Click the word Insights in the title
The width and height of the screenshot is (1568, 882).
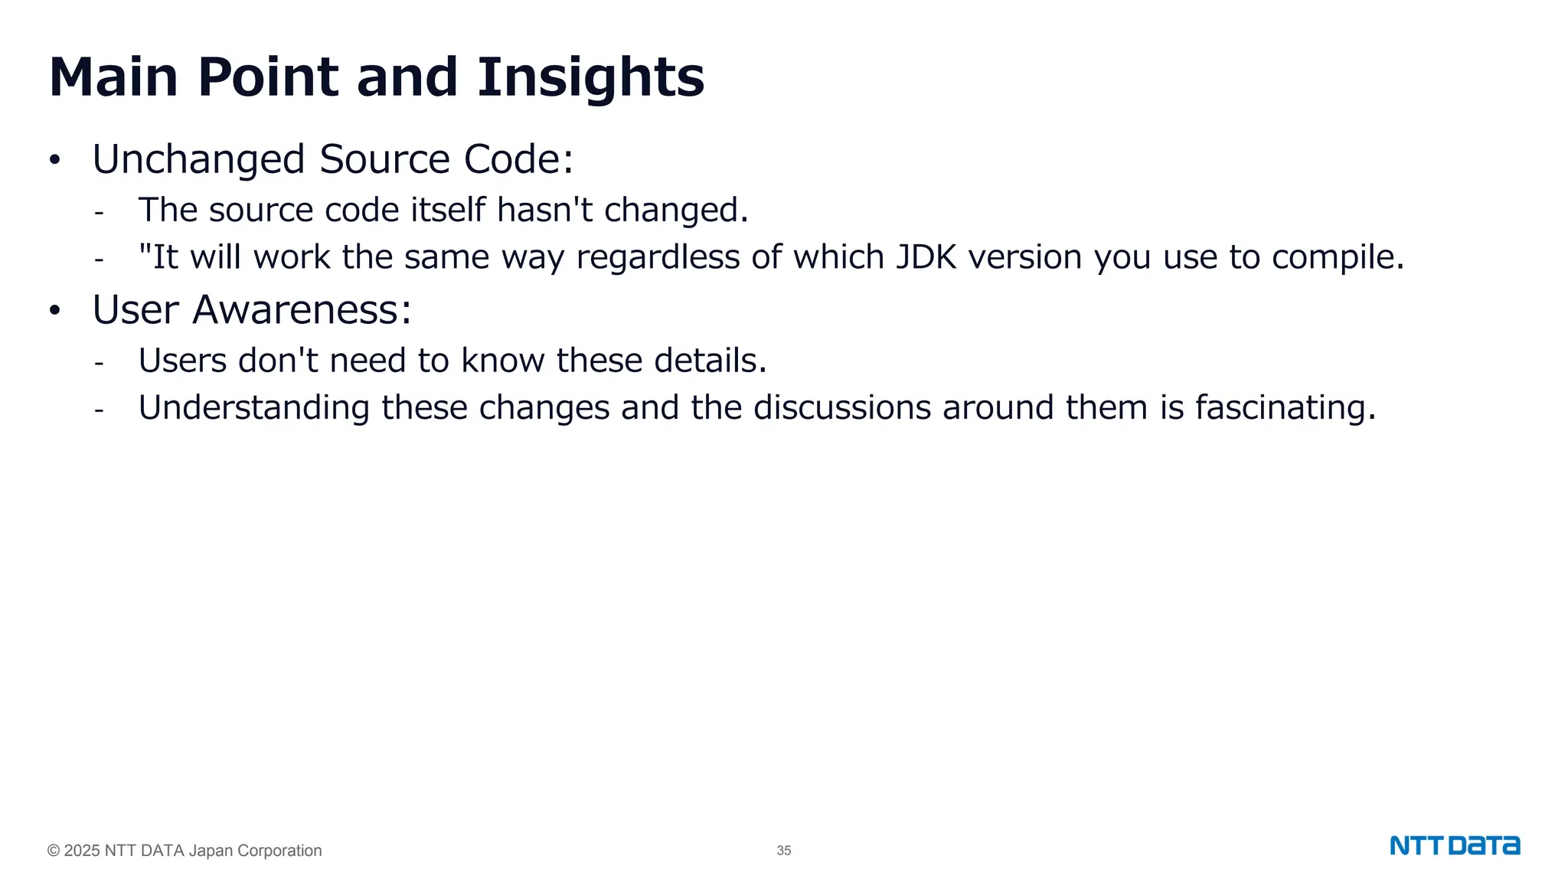[x=590, y=77]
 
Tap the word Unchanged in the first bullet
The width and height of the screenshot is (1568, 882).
[x=198, y=159]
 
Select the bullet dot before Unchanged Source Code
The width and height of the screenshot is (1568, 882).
[x=54, y=160]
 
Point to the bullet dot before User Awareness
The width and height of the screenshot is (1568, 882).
[x=54, y=311]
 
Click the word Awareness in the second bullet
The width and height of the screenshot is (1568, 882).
[x=302, y=310]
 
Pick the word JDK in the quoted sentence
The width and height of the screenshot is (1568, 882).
[x=926, y=257]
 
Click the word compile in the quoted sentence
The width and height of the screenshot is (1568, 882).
[x=1337, y=257]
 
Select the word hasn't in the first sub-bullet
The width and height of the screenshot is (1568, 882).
[x=544, y=210]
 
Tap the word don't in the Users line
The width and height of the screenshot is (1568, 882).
[x=278, y=361]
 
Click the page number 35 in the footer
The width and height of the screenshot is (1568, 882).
[x=783, y=851]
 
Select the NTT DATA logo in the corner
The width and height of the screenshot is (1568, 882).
[x=1455, y=846]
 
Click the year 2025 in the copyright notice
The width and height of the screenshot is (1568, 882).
[x=82, y=851]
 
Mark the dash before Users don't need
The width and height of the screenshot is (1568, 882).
[x=99, y=362]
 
